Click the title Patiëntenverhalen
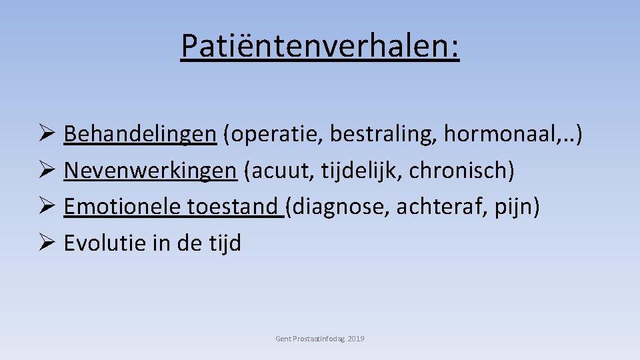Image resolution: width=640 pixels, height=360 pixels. (x=320, y=46)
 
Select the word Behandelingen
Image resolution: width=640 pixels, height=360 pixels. (x=140, y=134)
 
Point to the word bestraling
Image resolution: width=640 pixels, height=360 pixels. (x=381, y=134)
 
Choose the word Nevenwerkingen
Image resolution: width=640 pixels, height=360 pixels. (x=150, y=171)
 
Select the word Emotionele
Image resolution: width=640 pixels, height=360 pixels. (x=122, y=207)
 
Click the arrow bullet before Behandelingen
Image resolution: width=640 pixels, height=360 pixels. (x=49, y=134)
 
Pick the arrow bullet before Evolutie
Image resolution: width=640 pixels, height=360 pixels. (x=49, y=244)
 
